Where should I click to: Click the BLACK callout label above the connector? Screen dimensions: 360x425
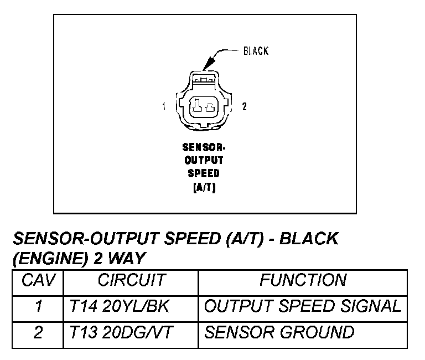coord(256,51)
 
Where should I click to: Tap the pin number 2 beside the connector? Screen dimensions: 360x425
coord(243,107)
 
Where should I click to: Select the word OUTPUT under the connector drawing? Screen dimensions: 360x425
coord(205,160)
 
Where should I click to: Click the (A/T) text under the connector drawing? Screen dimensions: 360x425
coord(205,187)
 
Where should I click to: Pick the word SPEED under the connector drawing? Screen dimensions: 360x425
coord(205,173)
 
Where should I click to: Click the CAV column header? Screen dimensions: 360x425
coord(38,281)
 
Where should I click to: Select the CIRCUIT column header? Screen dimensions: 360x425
coord(131,281)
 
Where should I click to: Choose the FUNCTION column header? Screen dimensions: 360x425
coord(303,281)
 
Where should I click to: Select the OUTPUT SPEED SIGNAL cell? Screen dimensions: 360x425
coord(302,306)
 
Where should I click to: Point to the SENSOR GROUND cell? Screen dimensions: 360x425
coord(279,332)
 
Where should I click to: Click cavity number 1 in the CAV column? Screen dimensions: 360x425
coord(38,306)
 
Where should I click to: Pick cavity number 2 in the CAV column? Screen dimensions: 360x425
coord(38,332)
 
